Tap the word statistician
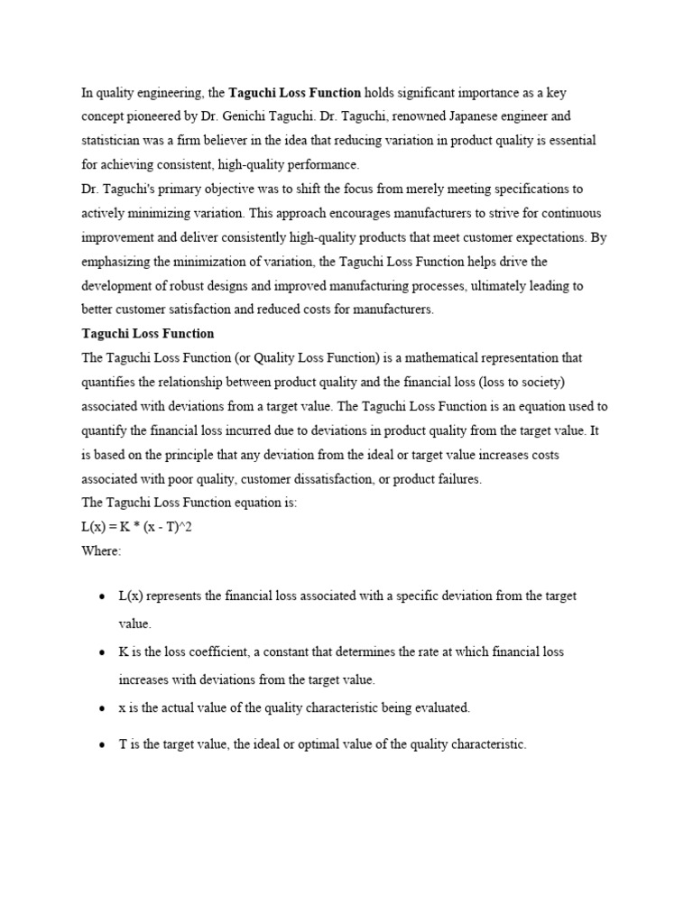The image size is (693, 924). tap(114, 141)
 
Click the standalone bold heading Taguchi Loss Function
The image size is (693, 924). tap(147, 334)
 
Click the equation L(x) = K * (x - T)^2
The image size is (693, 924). tap(136, 528)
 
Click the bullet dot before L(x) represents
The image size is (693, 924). tap(101, 598)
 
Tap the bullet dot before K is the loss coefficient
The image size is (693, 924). tap(101, 652)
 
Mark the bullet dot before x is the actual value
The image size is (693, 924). tap(101, 709)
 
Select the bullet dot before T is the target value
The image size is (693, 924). tap(101, 746)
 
